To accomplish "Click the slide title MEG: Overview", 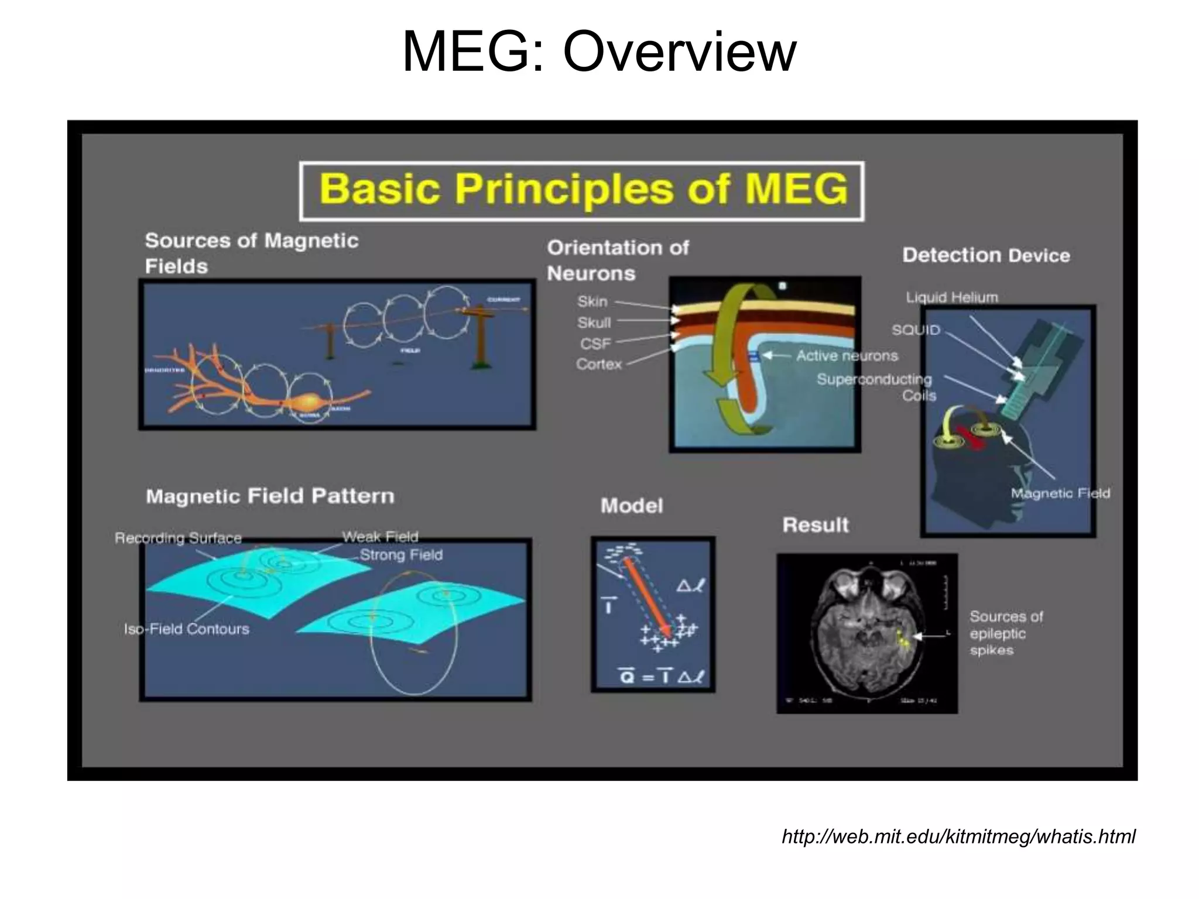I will coord(599,53).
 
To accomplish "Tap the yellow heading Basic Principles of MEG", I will coord(583,190).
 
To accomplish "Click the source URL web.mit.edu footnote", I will coord(958,836).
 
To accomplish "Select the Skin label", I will coord(592,301).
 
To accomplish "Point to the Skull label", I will coord(594,322).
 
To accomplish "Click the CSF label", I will coord(595,344).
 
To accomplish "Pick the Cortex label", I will coord(598,364).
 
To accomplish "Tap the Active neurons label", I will coord(847,356).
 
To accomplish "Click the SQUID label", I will coord(916,330).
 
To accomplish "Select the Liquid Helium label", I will coord(951,297).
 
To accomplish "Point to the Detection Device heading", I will coord(986,255).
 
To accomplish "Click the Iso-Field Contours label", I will coord(186,629).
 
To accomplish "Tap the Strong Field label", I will coord(401,555).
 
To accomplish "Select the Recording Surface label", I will coord(178,538).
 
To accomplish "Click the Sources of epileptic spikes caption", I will coord(1005,633).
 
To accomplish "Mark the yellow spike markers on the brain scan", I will coord(903,640).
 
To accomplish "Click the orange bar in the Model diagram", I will coord(648,597).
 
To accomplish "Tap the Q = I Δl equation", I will coord(662,677).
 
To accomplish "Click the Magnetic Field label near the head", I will coord(1060,493).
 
